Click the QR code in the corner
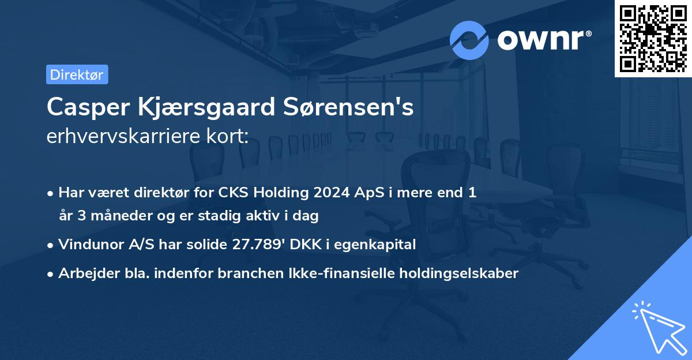click(653, 38)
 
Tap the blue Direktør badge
click(77, 74)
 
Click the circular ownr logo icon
click(469, 40)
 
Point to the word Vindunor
click(89, 245)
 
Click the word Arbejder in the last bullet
click(84, 273)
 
